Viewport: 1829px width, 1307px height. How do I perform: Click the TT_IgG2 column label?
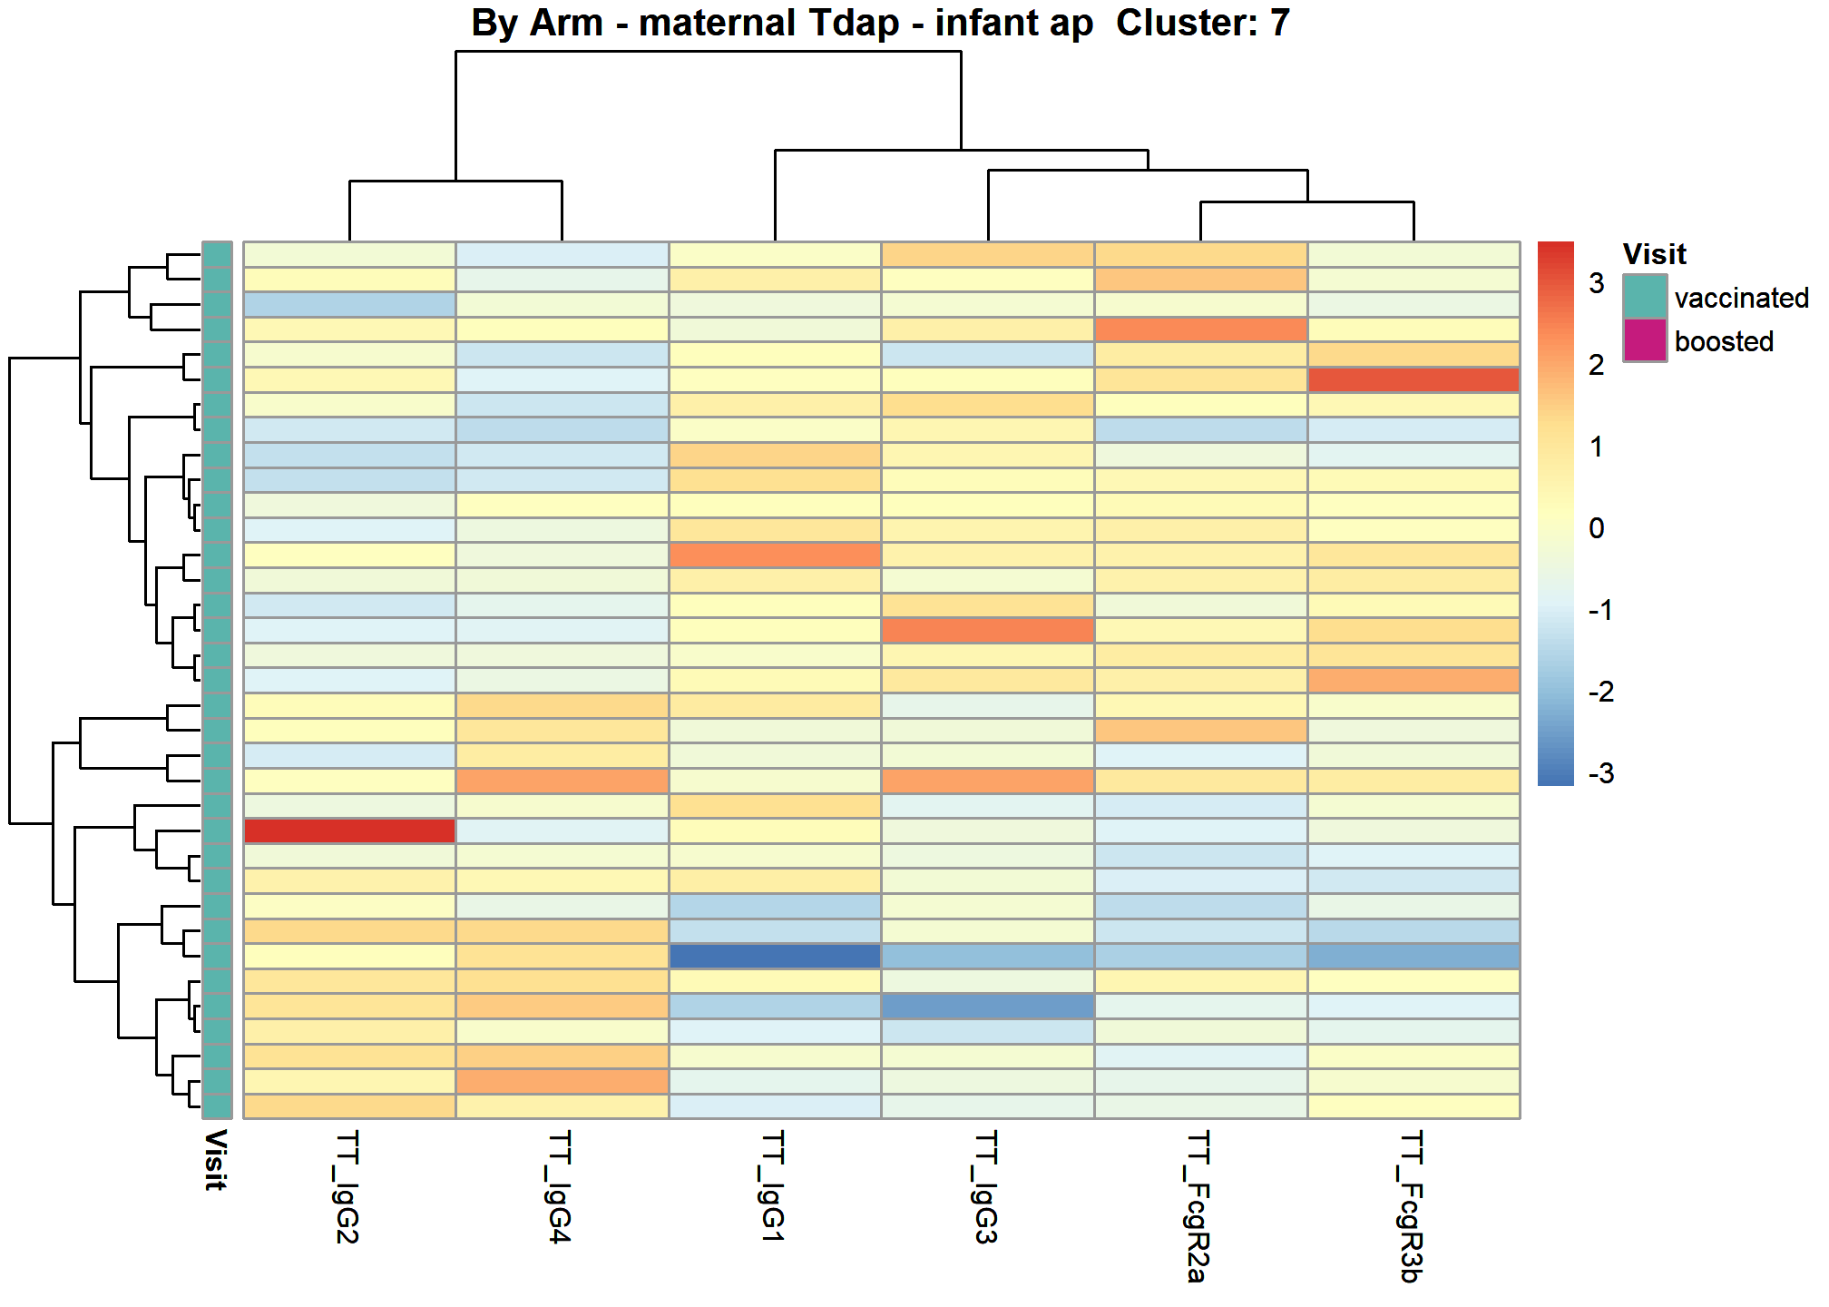pyautogui.click(x=348, y=1187)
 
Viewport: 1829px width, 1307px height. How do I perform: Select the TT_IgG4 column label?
pyautogui.click(x=561, y=1187)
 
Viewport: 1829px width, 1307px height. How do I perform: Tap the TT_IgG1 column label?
pyautogui.click(x=774, y=1186)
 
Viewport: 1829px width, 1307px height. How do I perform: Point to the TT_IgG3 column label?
pyautogui.click(x=986, y=1187)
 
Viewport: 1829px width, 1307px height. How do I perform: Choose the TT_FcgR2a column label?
pyautogui.click(x=1199, y=1207)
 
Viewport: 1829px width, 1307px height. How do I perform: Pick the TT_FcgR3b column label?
pyautogui.click(x=1412, y=1207)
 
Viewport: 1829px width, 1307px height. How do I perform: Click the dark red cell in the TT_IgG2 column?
pyautogui.click(x=349, y=830)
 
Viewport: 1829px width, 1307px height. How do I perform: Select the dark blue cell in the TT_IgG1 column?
pyautogui.click(x=775, y=956)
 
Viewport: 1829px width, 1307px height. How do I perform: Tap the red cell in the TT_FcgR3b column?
pyautogui.click(x=1413, y=379)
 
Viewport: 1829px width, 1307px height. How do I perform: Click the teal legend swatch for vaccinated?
pyautogui.click(x=1645, y=296)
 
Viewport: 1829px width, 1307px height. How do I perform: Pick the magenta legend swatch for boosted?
pyautogui.click(x=1645, y=340)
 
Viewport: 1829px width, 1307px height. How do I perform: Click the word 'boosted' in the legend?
pyautogui.click(x=1724, y=341)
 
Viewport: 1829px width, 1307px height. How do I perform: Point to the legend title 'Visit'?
pyautogui.click(x=1654, y=254)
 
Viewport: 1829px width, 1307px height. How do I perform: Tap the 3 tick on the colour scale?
pyautogui.click(x=1597, y=283)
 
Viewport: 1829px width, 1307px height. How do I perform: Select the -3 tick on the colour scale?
pyautogui.click(x=1601, y=773)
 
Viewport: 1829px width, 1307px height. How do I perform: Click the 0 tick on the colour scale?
pyautogui.click(x=1597, y=528)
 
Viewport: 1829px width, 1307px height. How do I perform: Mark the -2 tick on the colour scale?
pyautogui.click(x=1601, y=692)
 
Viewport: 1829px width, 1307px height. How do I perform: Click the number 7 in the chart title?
pyautogui.click(x=1279, y=23)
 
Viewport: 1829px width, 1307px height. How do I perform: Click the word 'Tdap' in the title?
pyautogui.click(x=853, y=24)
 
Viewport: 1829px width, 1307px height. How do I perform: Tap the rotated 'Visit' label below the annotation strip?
pyautogui.click(x=216, y=1160)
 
